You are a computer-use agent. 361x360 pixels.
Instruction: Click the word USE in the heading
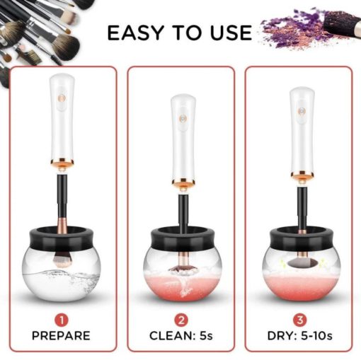pyautogui.click(x=231, y=33)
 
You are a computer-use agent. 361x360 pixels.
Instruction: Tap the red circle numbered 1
pyautogui.click(x=61, y=320)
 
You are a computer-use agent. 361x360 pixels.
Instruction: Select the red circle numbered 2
pyautogui.click(x=181, y=320)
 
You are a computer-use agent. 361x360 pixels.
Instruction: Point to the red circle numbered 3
pyautogui.click(x=300, y=320)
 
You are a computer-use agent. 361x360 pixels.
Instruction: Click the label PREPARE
pyautogui.click(x=61, y=336)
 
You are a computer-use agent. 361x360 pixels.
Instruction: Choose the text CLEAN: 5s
pyautogui.click(x=181, y=336)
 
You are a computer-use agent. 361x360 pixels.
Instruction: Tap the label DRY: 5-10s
pyautogui.click(x=300, y=336)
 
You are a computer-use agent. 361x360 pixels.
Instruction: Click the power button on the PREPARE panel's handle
pyautogui.click(x=62, y=98)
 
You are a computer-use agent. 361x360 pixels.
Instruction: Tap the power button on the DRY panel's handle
pyautogui.click(x=302, y=111)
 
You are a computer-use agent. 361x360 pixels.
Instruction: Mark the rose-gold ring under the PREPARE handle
pyautogui.click(x=62, y=162)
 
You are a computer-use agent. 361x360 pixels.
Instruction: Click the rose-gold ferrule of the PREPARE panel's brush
pyautogui.click(x=62, y=224)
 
